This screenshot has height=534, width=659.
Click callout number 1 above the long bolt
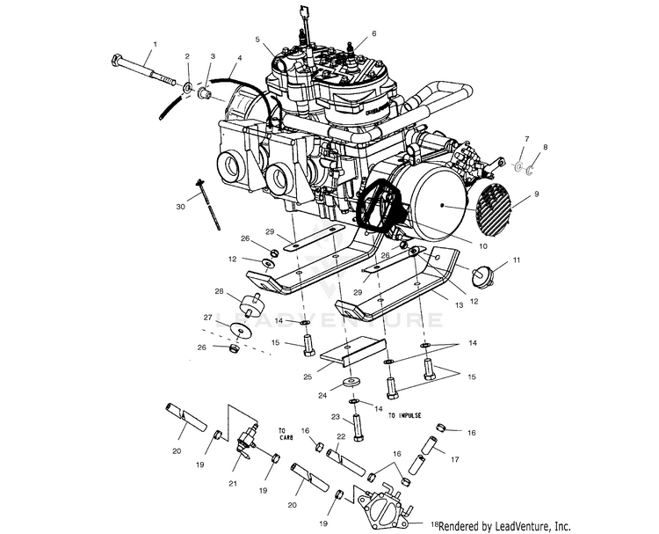coord(155,43)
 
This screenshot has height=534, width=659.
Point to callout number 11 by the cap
coord(517,260)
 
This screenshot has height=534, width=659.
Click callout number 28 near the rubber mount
coord(221,290)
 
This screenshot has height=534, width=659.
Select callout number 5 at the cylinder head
coord(258,40)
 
